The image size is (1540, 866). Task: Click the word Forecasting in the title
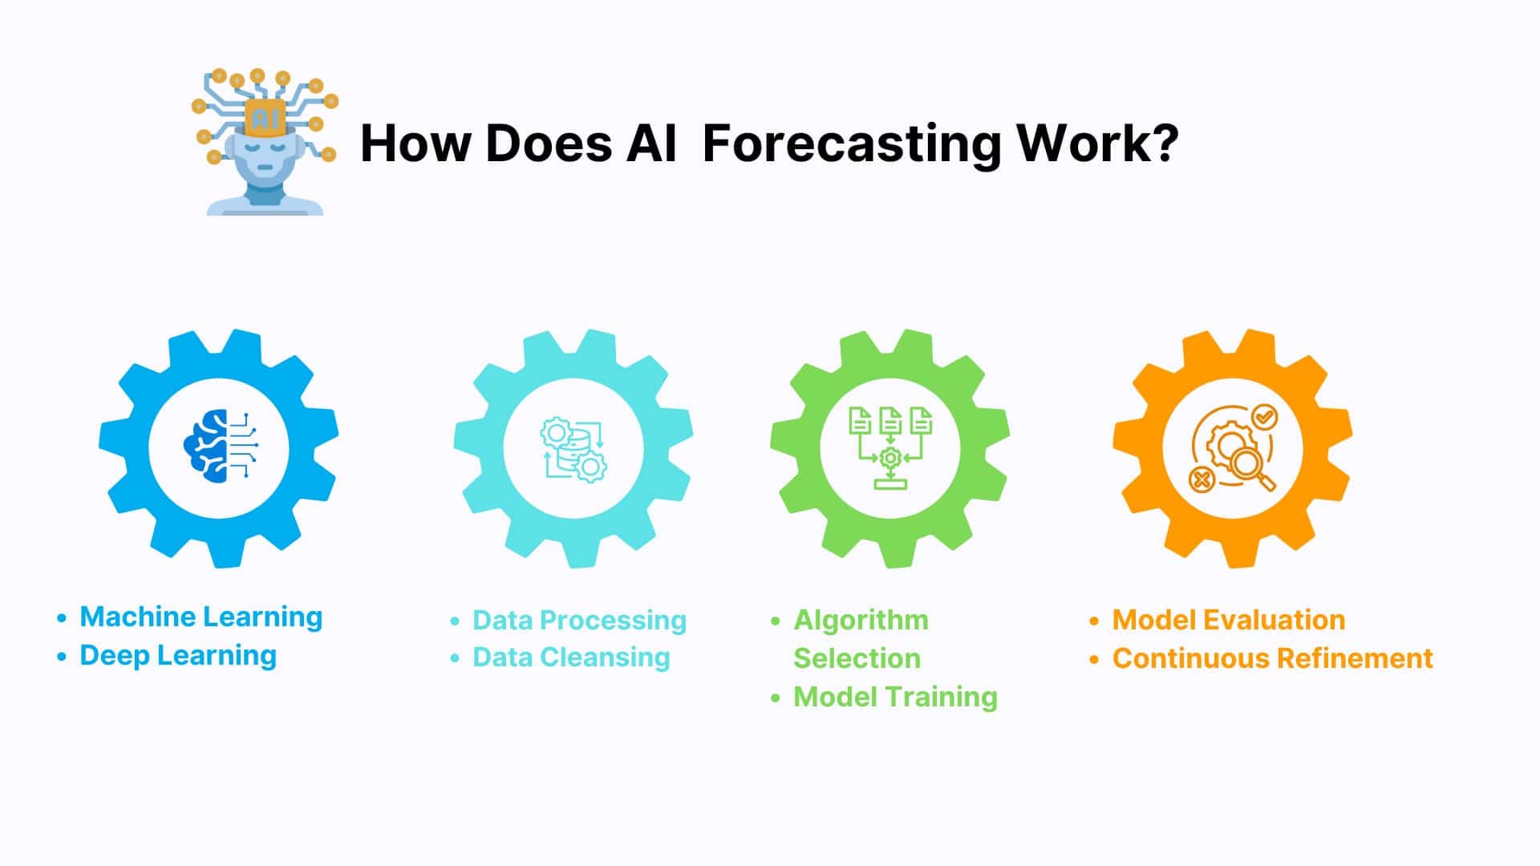point(851,145)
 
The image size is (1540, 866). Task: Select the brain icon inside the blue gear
point(220,446)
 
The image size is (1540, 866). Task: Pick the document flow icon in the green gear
point(890,447)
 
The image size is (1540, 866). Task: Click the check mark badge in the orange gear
point(1264,417)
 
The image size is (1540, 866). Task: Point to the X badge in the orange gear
point(1201,480)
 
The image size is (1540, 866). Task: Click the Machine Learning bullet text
point(201,617)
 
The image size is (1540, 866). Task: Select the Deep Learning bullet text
point(178,655)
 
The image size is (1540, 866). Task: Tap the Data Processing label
point(579,620)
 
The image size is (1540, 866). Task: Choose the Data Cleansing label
point(571,658)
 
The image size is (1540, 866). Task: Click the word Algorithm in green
point(861,620)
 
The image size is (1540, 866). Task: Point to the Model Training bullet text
point(895,697)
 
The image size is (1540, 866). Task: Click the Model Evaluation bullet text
point(1229,620)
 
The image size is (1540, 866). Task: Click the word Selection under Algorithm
point(857,658)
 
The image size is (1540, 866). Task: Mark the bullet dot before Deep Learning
point(62,657)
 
